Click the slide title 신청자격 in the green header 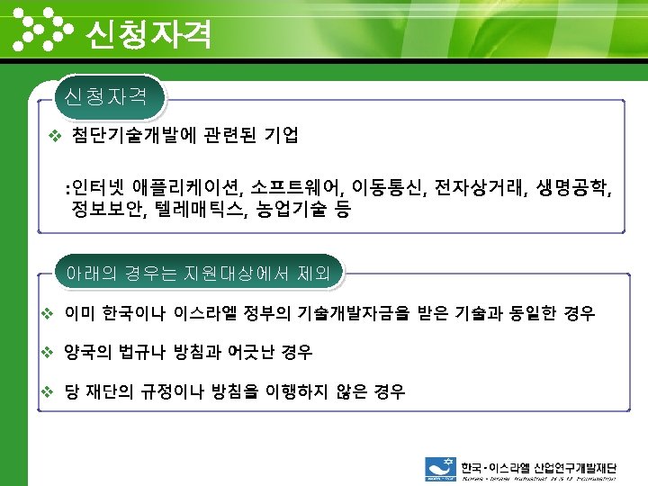(x=148, y=34)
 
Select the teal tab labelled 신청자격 (x=110, y=95)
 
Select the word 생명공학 (x=576, y=188)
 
